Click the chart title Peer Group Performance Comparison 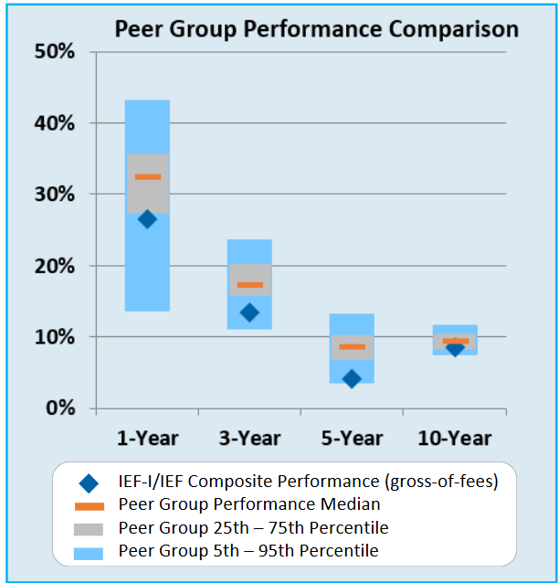pos(316,29)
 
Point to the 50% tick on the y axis pos(57,51)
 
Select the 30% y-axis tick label pos(57,194)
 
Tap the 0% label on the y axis pos(61,408)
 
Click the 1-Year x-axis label pos(147,438)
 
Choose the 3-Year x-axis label pos(249,438)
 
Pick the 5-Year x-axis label pos(352,438)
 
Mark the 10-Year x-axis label pos(454,438)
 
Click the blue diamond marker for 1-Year pos(147,219)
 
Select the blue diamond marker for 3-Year pos(249,313)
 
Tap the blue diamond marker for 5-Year pos(352,378)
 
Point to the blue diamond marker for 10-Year pos(454,348)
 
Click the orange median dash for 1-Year pos(147,177)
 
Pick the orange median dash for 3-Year pos(249,285)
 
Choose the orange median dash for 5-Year pos(352,346)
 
